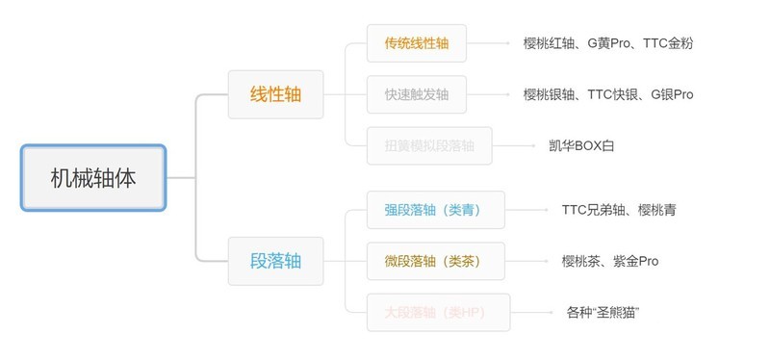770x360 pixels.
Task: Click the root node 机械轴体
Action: pyautogui.click(x=93, y=178)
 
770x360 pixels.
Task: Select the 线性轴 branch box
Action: pyautogui.click(x=275, y=94)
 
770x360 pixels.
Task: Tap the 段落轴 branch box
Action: pyautogui.click(x=275, y=261)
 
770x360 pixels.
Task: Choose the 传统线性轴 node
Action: pyautogui.click(x=416, y=43)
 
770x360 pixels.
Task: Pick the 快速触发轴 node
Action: pyautogui.click(x=416, y=94)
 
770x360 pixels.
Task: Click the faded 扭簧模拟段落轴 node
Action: pyautogui.click(x=428, y=145)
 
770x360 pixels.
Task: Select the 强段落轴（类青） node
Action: pyautogui.click(x=435, y=210)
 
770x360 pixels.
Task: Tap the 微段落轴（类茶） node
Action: pyautogui.click(x=435, y=261)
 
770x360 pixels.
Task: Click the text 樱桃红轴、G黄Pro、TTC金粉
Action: pyautogui.click(x=607, y=43)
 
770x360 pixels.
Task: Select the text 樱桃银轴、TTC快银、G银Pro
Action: pyautogui.click(x=607, y=94)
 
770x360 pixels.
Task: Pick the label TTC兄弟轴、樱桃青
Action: pyautogui.click(x=618, y=210)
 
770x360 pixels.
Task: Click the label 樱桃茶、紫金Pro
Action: pyautogui.click(x=609, y=261)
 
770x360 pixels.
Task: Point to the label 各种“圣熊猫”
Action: pyautogui.click(x=603, y=312)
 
